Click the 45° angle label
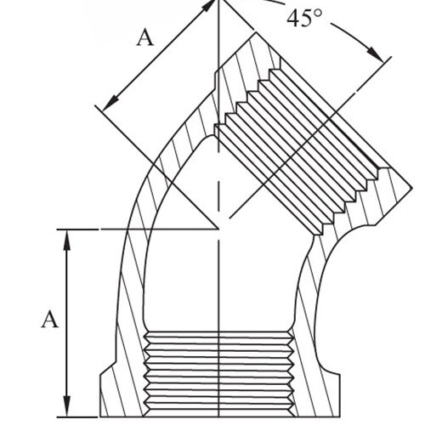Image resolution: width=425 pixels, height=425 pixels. pos(304,19)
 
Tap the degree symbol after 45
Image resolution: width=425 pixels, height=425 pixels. pos(318,14)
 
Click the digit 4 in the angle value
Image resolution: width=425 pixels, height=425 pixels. pos(292,19)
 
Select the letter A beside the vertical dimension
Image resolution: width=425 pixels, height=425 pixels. pos(50,320)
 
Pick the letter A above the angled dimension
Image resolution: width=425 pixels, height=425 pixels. pos(145,38)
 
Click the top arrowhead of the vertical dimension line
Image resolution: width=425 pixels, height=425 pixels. pos(66,240)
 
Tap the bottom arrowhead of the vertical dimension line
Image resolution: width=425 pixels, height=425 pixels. pos(66,406)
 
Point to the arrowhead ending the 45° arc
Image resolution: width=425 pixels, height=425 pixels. pos(376,54)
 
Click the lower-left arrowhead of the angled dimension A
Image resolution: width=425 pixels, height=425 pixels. pos(110,103)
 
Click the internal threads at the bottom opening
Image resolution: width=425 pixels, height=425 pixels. pos(218,374)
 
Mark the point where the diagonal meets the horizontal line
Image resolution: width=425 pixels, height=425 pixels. pos(218,229)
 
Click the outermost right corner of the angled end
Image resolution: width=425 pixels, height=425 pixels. pos(411,188)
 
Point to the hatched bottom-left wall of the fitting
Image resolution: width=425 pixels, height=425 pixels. pos(122,354)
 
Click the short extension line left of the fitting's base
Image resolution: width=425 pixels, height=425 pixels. pos(77,417)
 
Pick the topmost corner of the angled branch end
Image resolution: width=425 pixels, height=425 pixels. pos(256,32)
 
